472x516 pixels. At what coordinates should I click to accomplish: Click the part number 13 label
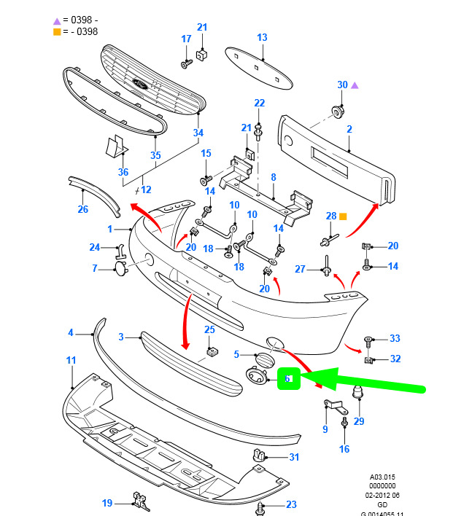[x=262, y=37]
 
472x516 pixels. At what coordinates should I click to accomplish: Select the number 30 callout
[x=343, y=85]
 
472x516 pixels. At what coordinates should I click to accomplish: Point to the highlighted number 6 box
[x=288, y=378]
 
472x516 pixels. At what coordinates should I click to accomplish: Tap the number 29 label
[x=358, y=421]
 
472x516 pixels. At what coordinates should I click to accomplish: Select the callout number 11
[x=71, y=360]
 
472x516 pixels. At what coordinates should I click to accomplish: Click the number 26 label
[x=82, y=210]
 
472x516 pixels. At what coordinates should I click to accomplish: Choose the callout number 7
[x=94, y=268]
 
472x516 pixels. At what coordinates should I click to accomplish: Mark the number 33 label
[x=395, y=338]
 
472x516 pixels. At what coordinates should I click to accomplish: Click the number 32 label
[x=395, y=359]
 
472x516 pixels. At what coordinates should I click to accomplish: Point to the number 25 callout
[x=209, y=330]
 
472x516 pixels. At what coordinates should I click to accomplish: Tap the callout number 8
[x=273, y=176]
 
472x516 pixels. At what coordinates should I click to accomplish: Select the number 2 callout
[x=349, y=129]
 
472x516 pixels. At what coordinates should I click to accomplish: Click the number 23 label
[x=291, y=504]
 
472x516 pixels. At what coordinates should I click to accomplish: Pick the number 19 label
[x=107, y=502]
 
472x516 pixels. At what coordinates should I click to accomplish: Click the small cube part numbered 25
[x=211, y=353]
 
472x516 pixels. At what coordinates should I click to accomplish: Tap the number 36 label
[x=123, y=172]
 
